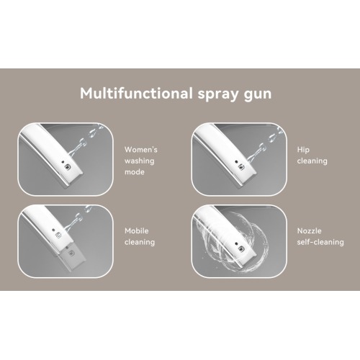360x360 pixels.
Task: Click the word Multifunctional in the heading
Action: point(136,93)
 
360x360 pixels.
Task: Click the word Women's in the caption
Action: point(141,150)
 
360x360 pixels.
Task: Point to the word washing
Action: point(139,161)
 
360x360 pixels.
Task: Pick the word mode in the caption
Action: point(135,172)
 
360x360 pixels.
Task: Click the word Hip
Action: point(303,150)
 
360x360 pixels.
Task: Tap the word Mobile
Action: point(136,231)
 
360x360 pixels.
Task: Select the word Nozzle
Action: point(309,231)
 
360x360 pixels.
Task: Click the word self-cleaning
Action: point(320,242)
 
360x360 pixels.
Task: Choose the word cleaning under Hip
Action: point(312,161)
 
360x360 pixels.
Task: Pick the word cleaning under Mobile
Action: point(140,242)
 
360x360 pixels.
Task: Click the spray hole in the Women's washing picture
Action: point(68,167)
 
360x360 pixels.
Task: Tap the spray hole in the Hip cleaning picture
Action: point(241,167)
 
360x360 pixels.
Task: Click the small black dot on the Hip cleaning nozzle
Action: point(236,162)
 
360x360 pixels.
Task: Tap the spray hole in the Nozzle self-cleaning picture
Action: point(242,249)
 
